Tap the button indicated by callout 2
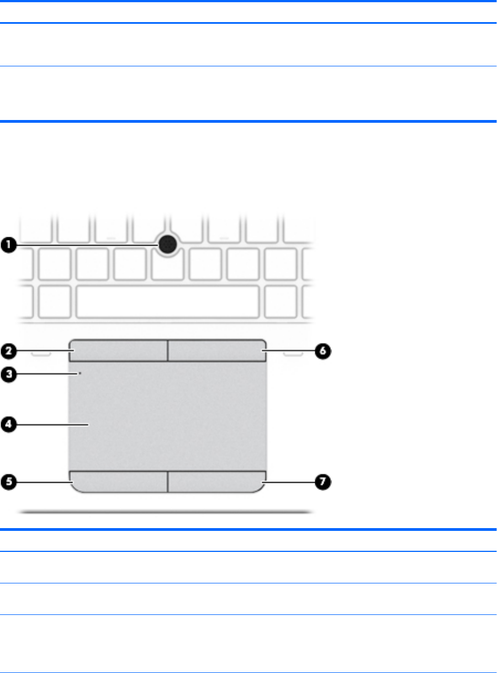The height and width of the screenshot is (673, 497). point(119,351)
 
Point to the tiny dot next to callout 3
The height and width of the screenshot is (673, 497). point(81,374)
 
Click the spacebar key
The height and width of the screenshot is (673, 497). point(167,301)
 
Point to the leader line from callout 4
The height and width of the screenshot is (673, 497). point(52,425)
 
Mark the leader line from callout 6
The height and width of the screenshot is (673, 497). point(290,351)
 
